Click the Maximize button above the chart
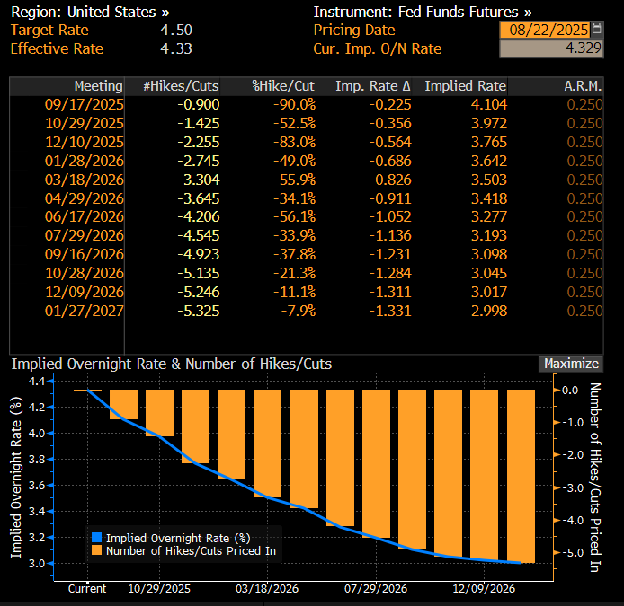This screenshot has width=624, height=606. (571, 364)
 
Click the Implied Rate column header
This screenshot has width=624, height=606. (465, 86)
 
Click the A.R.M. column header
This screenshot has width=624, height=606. (584, 86)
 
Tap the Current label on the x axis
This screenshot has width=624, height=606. (87, 589)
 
